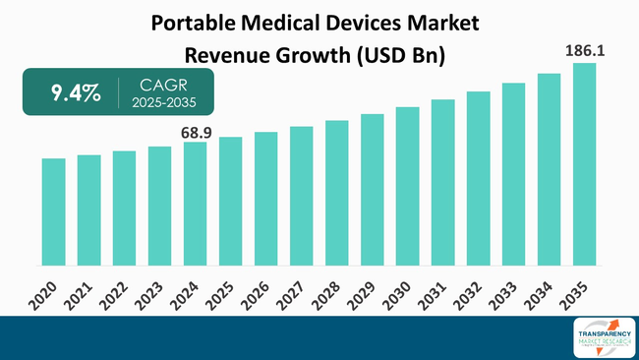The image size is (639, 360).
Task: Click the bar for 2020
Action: point(53,211)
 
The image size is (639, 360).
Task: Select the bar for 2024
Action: point(195,204)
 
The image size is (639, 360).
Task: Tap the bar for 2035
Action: point(584,164)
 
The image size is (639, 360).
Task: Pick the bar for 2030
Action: point(407,186)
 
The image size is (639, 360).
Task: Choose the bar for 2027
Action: point(301,196)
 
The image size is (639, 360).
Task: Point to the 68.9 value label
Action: point(195,131)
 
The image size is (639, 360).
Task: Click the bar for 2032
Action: point(478,178)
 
